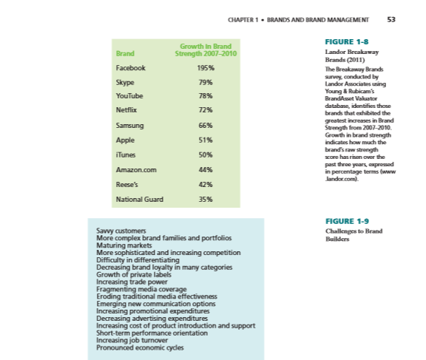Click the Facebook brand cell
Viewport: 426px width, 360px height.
click(131, 68)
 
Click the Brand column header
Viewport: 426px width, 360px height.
click(124, 53)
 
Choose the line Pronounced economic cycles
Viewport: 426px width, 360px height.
click(141, 347)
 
